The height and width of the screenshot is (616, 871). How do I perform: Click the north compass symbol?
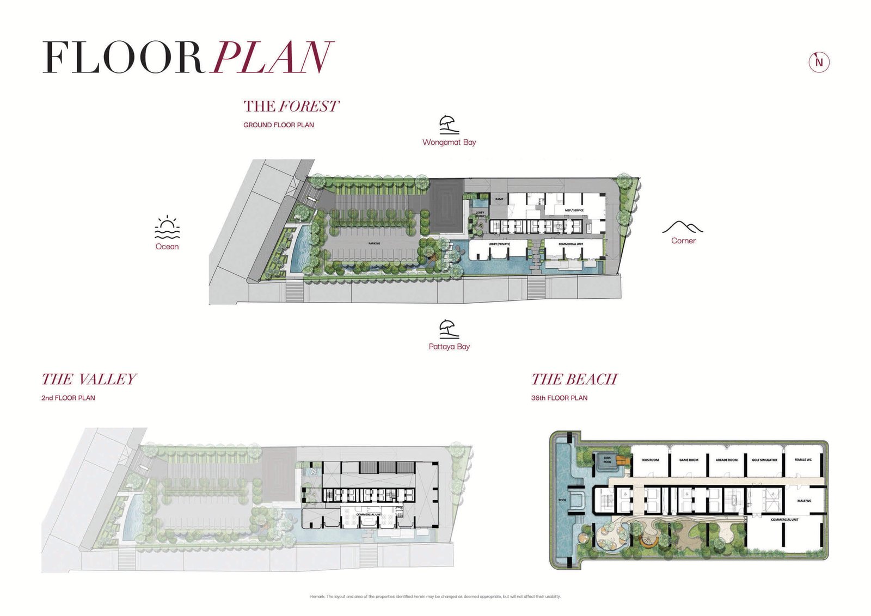coord(819,62)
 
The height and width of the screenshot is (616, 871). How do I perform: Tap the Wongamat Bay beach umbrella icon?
coord(449,125)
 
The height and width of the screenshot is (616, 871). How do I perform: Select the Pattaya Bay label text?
coord(449,347)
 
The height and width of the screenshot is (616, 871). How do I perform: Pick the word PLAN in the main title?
coord(272,58)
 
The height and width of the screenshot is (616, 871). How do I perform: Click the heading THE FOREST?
coord(291,106)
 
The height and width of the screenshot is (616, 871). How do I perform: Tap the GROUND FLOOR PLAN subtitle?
coord(278,125)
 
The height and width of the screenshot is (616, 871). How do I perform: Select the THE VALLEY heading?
coord(89,379)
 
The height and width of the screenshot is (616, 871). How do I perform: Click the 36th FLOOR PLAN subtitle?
coord(559,398)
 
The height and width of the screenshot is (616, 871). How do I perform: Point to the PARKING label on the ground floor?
coord(374,243)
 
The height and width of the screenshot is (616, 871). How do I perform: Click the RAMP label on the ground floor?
coord(499,199)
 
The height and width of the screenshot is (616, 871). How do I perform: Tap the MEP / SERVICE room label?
coord(574,210)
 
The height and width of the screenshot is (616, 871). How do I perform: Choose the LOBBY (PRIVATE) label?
coord(499,244)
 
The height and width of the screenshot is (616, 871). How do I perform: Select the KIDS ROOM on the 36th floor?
coord(650,460)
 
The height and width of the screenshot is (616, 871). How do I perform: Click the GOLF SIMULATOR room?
coord(764,460)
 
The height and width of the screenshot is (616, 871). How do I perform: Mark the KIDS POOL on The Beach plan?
coord(608,460)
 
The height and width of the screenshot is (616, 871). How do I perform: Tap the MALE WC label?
coord(804,501)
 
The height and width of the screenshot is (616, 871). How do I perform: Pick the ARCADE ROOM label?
coord(726,460)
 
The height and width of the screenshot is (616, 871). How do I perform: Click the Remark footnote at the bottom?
coord(435,596)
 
